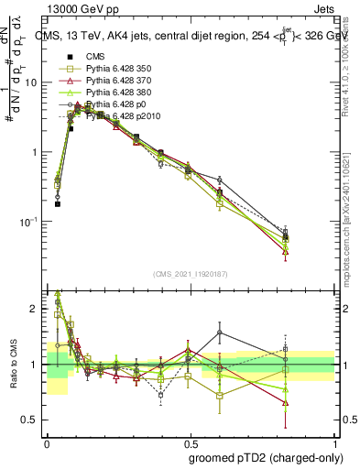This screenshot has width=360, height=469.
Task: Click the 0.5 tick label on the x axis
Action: click(191, 442)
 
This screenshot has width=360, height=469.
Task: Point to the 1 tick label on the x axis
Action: click(334, 442)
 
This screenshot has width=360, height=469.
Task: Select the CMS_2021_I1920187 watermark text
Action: click(191, 275)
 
